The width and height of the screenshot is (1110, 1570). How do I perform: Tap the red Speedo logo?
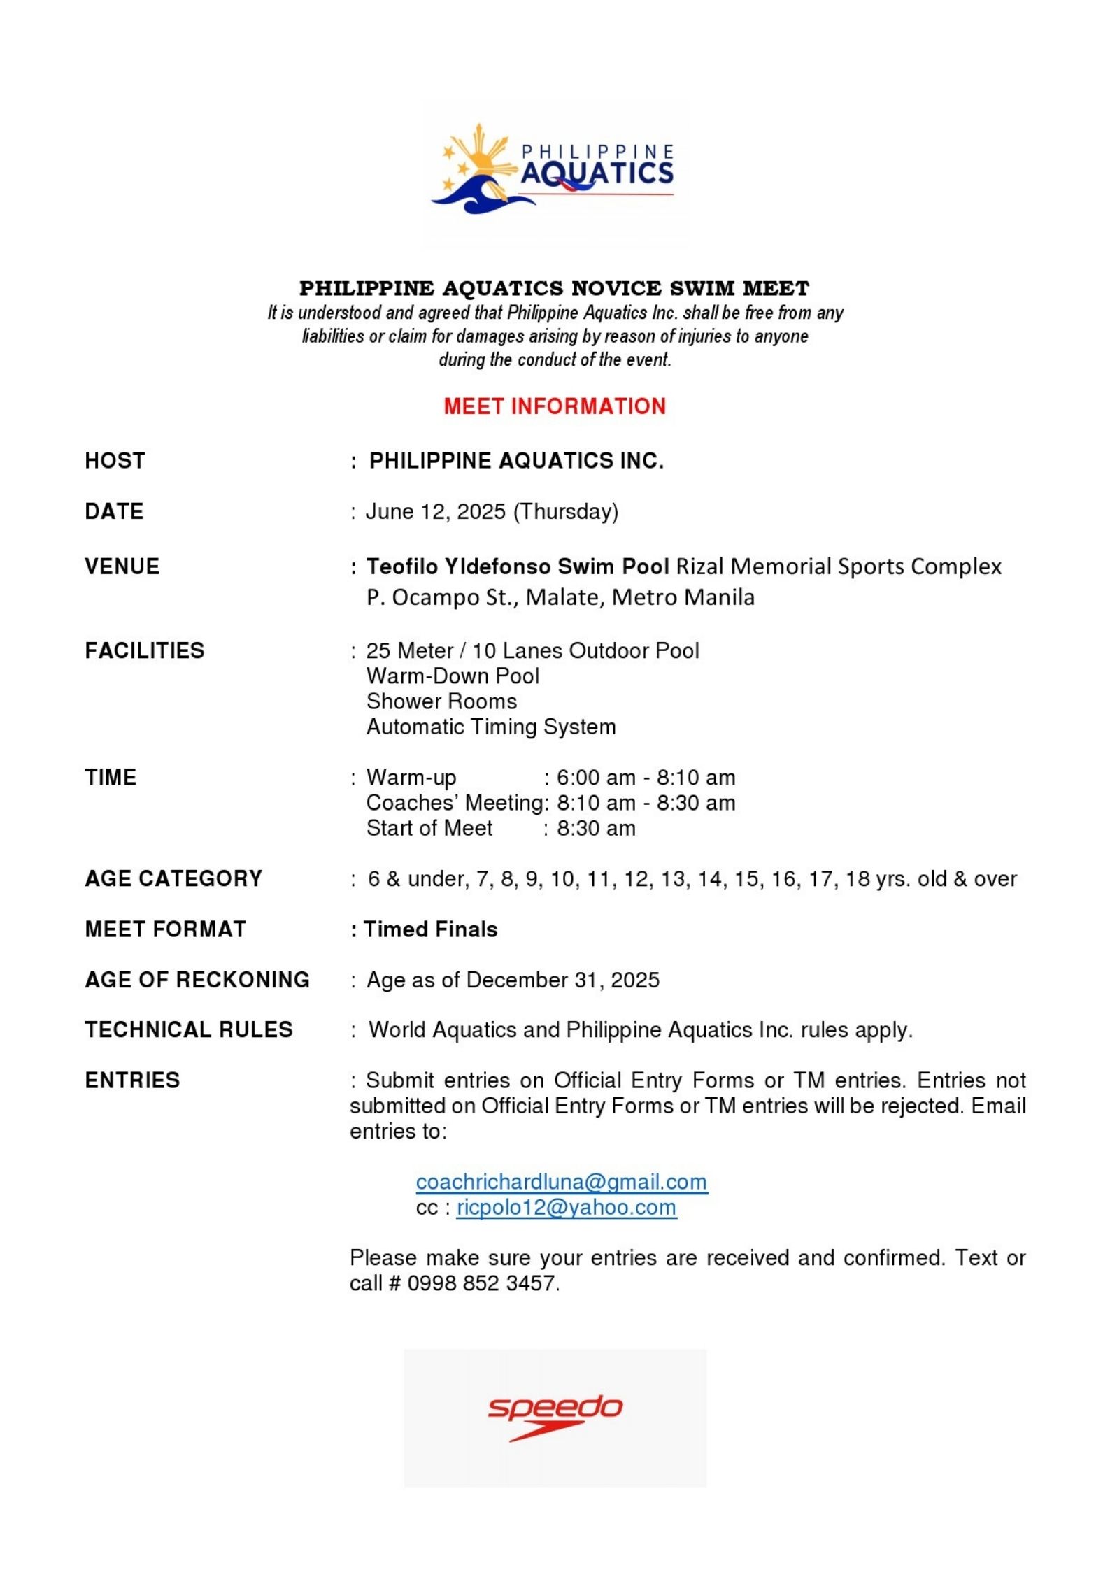[555, 1417]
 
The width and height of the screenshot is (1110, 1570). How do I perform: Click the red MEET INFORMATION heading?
[555, 406]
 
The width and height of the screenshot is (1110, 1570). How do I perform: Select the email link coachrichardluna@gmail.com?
[561, 1182]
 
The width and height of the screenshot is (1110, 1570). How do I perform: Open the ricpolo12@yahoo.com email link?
[567, 1208]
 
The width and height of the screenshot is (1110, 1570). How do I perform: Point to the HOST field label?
[115, 461]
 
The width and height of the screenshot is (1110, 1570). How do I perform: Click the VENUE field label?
[122, 566]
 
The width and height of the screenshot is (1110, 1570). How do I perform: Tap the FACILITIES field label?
[145, 651]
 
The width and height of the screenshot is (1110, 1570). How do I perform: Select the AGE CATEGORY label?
[173, 879]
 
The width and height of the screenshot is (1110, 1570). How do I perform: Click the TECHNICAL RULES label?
[189, 1030]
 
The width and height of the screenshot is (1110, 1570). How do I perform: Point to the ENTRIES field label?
[133, 1080]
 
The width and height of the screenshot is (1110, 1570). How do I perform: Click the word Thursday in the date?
[566, 512]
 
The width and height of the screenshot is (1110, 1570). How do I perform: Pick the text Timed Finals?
[431, 929]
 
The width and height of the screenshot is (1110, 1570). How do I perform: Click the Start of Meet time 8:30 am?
[596, 829]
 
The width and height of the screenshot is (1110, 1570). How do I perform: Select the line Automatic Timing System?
[491, 727]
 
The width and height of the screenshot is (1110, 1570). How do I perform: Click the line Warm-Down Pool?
[453, 676]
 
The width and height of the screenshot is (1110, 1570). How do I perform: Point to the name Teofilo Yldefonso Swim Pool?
[518, 566]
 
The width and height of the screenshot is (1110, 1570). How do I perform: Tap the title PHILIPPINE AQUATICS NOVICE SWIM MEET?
[555, 288]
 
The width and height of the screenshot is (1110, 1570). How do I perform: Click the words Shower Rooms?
[441, 701]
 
